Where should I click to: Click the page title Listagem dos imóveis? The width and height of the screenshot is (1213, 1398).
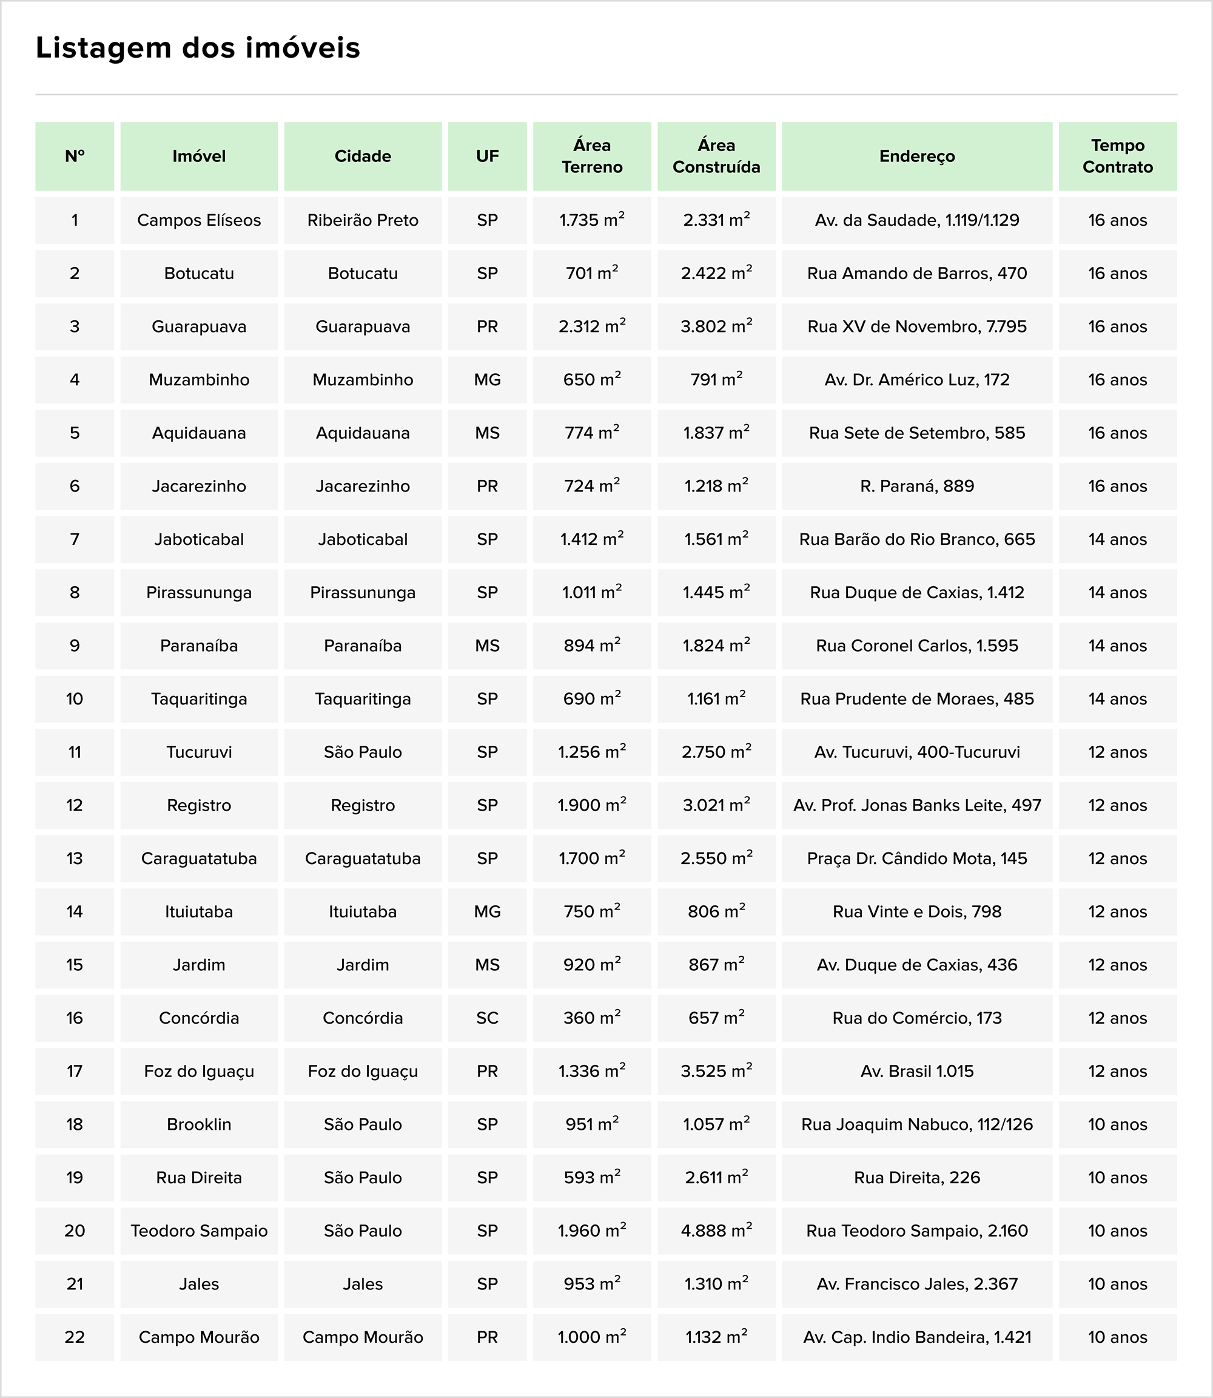[198, 48]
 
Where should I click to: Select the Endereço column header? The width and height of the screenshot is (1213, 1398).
[916, 157]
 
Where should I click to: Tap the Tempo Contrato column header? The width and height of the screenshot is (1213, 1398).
[1117, 157]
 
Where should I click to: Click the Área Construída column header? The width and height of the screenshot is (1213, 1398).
[716, 157]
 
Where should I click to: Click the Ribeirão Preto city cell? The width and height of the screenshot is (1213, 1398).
[363, 220]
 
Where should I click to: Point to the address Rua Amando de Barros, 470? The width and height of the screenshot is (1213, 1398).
[916, 274]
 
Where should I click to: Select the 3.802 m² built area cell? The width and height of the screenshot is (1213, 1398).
[716, 326]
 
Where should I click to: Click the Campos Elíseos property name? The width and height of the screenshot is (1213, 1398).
[199, 220]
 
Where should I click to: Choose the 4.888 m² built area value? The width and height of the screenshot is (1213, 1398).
[716, 1231]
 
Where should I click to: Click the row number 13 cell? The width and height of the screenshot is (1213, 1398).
[75, 859]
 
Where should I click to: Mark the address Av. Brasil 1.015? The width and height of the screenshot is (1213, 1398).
[916, 1072]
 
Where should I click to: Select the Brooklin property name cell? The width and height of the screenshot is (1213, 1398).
[199, 1124]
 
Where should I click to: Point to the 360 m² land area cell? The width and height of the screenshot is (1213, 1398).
[591, 1018]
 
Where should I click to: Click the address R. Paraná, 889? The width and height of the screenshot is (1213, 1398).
[916, 486]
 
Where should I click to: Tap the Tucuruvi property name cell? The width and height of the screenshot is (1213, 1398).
[199, 752]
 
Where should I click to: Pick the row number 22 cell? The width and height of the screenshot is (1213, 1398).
[75, 1337]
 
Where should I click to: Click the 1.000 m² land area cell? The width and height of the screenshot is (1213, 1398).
[591, 1337]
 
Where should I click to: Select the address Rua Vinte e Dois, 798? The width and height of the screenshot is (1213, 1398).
[916, 912]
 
